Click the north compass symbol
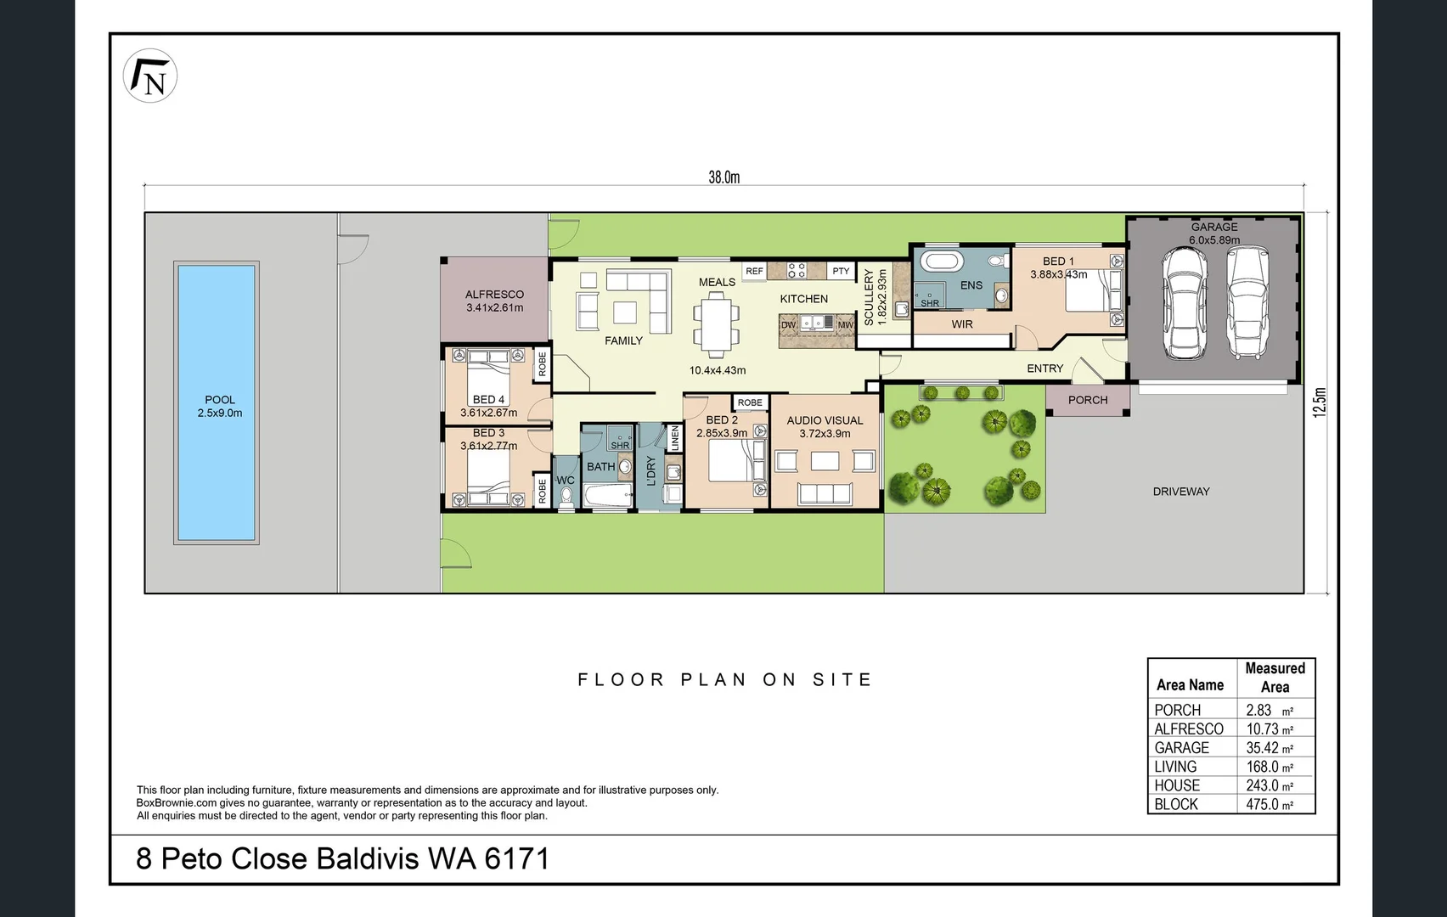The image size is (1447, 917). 150,76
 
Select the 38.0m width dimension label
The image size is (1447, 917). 723,177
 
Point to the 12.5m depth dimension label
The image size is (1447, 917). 1319,402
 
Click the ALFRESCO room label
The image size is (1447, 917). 494,295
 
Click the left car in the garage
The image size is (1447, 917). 1184,302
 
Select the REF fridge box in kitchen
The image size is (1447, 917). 754,271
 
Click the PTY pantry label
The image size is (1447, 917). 841,271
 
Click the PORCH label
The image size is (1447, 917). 1088,400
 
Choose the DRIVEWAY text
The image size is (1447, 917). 1180,492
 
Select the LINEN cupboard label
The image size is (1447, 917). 675,439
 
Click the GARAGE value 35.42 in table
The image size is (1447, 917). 1263,748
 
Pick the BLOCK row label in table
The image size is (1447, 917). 1176,804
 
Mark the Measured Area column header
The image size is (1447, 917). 1275,678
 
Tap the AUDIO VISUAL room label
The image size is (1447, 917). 825,420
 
